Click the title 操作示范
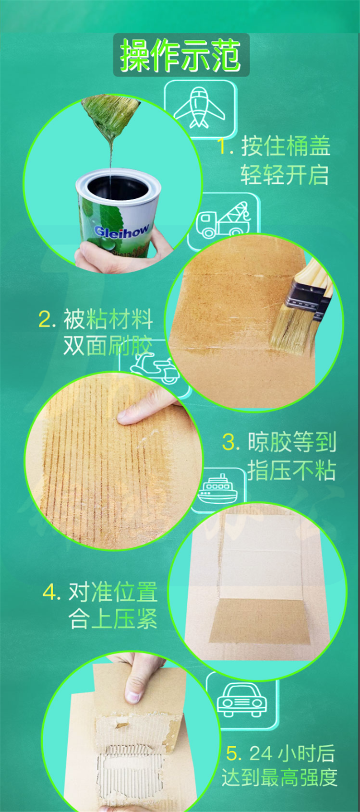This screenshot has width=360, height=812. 180,55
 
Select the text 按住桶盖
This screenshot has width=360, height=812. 286,146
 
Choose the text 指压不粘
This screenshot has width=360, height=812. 292,471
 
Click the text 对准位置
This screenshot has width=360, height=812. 113,592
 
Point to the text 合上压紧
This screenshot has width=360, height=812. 113,619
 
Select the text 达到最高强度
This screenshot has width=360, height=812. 279,777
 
